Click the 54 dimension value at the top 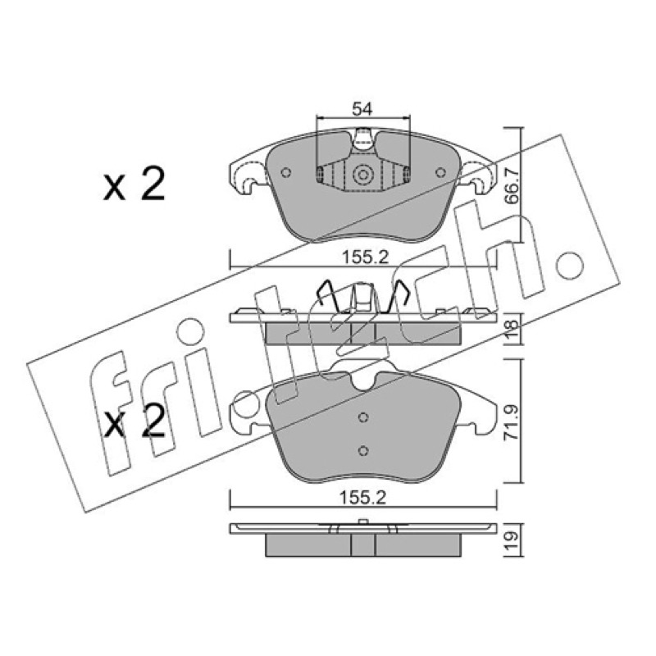(x=362, y=109)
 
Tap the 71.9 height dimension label (x=511, y=421)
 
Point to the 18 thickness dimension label (x=512, y=330)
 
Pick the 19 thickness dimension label (x=512, y=540)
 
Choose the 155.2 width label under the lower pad (x=362, y=498)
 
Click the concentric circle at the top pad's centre (x=362, y=175)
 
